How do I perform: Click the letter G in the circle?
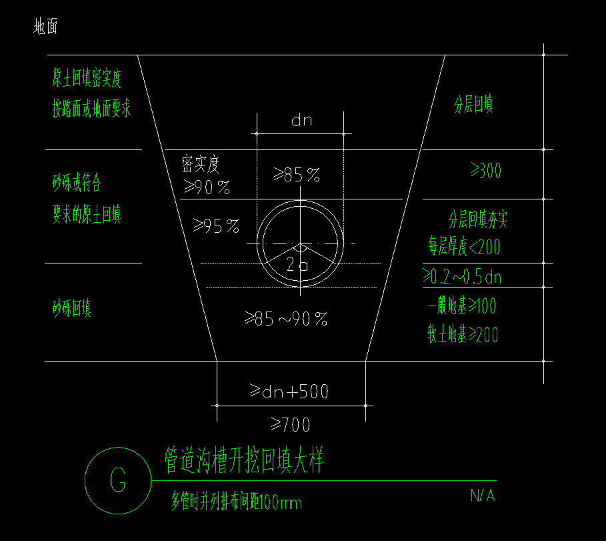pyautogui.click(x=118, y=480)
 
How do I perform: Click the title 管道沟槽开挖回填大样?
pyautogui.click(x=244, y=461)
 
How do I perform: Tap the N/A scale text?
pyautogui.click(x=482, y=496)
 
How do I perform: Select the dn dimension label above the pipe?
pyautogui.click(x=301, y=121)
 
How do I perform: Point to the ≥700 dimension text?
pyautogui.click(x=290, y=424)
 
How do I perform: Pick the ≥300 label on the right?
pyautogui.click(x=486, y=171)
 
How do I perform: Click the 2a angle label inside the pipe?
pyautogui.click(x=297, y=265)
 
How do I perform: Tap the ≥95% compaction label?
pyautogui.click(x=216, y=227)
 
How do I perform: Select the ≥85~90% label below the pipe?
pyautogui.click(x=285, y=320)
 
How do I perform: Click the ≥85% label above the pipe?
pyautogui.click(x=297, y=175)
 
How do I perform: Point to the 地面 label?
pyautogui.click(x=46, y=27)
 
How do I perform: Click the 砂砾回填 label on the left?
pyautogui.click(x=72, y=309)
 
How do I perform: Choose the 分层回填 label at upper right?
pyautogui.click(x=473, y=105)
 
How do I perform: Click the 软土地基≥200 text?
pyautogui.click(x=463, y=335)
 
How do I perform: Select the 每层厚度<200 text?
pyautogui.click(x=464, y=247)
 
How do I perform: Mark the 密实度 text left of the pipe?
pyautogui.click(x=201, y=163)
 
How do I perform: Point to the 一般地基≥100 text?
pyautogui.click(x=462, y=306)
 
